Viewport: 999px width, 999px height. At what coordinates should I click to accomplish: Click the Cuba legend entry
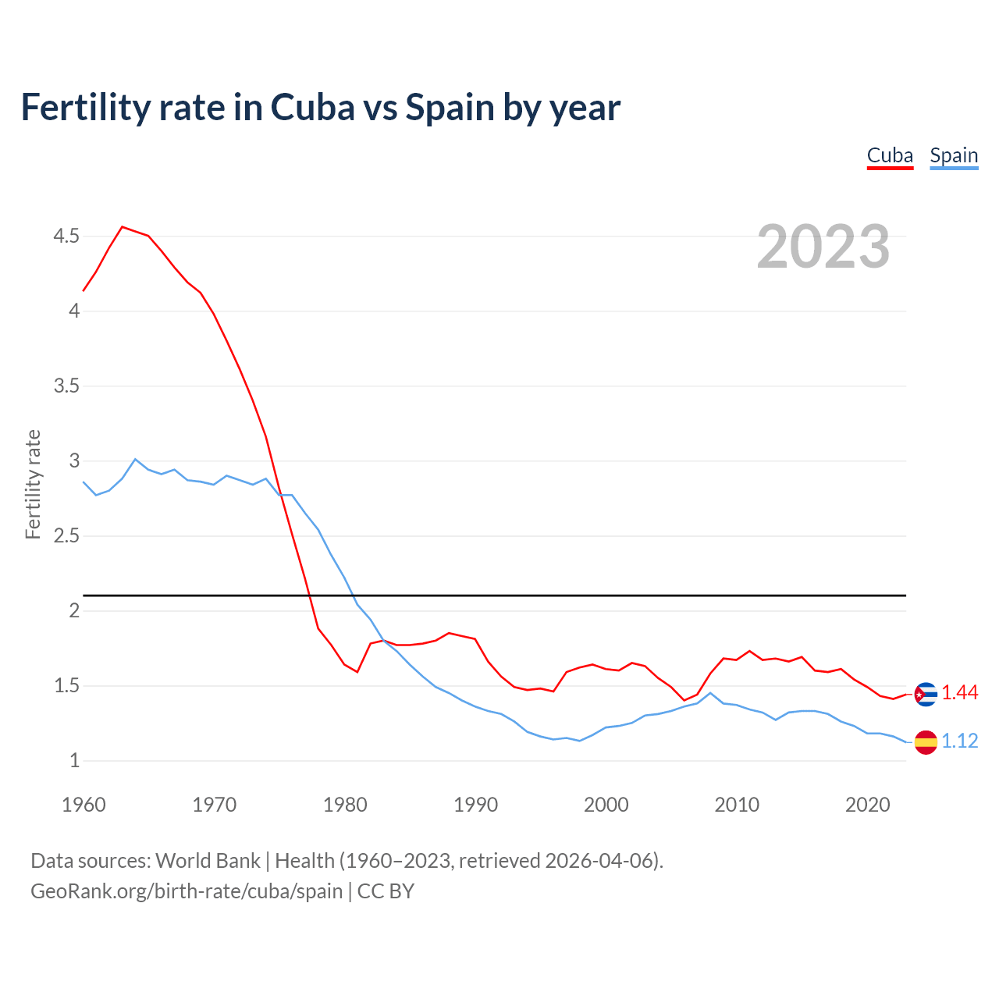coord(890,156)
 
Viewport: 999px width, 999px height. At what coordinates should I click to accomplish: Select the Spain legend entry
coord(954,156)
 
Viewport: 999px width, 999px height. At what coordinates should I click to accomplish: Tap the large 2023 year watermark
coord(823,247)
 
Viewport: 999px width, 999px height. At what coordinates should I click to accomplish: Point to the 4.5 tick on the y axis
coord(66,236)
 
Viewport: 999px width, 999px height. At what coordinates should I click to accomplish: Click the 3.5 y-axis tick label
coord(66,386)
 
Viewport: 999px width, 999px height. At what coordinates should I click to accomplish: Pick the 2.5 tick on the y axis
coord(66,536)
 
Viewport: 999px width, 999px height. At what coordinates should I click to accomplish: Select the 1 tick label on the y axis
coord(75,761)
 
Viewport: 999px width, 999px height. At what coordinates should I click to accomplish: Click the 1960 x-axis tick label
coord(84,805)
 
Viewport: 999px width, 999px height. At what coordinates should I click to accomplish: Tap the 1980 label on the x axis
coord(345,805)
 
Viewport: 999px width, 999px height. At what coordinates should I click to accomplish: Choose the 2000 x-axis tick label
coord(606,805)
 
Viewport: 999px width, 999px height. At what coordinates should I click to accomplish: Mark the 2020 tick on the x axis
coord(867,805)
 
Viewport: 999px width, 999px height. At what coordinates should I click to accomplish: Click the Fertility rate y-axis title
coord(33,484)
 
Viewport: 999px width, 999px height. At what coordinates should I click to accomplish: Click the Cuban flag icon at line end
coord(926,694)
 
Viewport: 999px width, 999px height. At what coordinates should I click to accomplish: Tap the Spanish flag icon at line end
coord(926,742)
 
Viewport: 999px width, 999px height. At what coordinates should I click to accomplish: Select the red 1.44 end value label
coord(959,693)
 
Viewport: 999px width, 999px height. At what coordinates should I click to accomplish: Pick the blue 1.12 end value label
coord(959,741)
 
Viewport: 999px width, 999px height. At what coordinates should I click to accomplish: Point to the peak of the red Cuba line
coord(123,227)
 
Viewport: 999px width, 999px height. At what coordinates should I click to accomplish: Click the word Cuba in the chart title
coord(310,108)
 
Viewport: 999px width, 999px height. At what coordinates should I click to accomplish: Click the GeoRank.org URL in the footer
coord(187,891)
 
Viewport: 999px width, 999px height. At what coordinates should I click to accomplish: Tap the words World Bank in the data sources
coord(208,861)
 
